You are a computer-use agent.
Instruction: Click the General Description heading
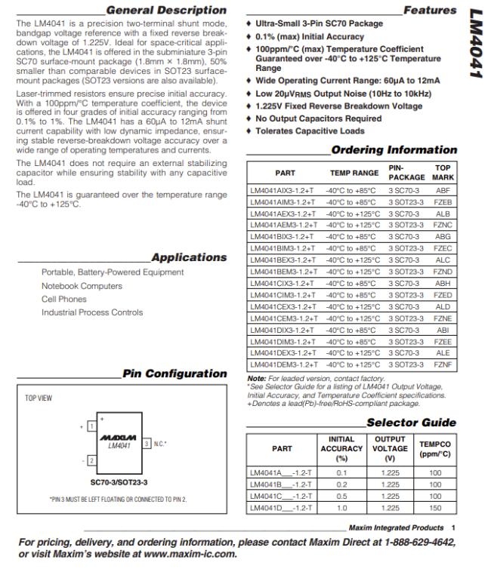(x=166, y=11)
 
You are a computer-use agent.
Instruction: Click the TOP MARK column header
(x=443, y=173)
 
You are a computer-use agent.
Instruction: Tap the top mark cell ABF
(x=443, y=192)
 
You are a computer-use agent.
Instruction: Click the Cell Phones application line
(x=64, y=299)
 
